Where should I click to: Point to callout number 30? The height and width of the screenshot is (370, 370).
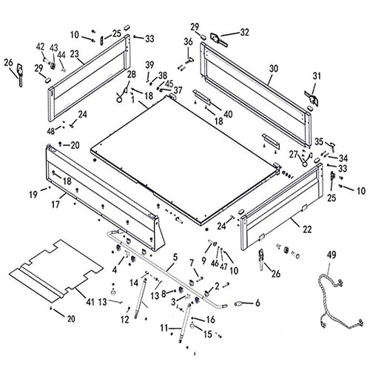click(273, 68)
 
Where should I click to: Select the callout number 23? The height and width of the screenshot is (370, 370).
click(75, 53)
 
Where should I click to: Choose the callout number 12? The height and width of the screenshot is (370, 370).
click(124, 320)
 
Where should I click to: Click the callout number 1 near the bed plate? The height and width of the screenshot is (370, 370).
click(132, 101)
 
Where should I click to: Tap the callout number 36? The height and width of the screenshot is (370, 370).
click(187, 41)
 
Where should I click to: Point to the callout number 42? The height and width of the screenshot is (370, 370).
click(41, 47)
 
